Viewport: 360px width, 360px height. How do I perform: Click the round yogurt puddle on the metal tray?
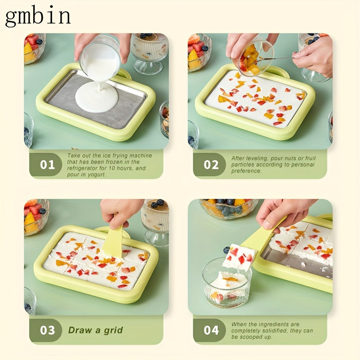[97, 97]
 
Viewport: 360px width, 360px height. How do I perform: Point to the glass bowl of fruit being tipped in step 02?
[254, 58]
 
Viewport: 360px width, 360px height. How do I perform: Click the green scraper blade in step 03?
[114, 241]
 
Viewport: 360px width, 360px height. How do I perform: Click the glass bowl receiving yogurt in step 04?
[227, 283]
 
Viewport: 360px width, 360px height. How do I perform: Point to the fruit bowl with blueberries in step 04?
[229, 208]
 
